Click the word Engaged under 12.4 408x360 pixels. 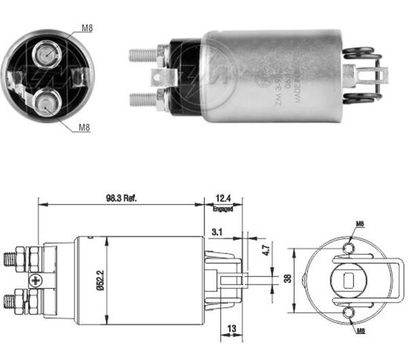(222, 208)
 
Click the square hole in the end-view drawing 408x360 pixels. (349, 278)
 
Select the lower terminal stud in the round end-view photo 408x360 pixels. (44, 104)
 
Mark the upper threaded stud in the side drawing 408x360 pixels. (12, 259)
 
